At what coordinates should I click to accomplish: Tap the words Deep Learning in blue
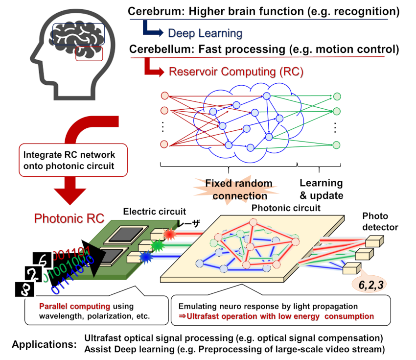tap(205, 33)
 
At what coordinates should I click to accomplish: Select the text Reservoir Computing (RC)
tap(236, 72)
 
